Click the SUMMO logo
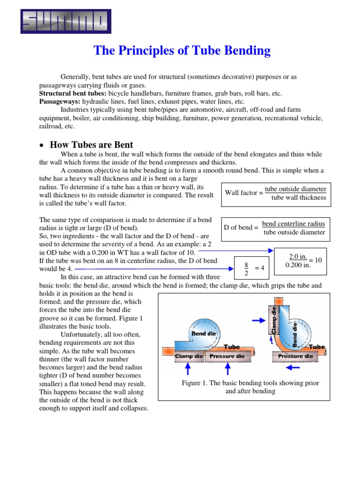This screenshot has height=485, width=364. click(x=66, y=22)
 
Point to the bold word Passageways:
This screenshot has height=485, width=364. click(x=60, y=101)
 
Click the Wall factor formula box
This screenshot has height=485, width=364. click(x=276, y=193)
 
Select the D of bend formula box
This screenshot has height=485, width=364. click(x=276, y=228)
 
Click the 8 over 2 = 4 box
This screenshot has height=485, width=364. click(x=253, y=268)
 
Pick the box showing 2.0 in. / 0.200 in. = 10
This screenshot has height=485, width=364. click(x=300, y=261)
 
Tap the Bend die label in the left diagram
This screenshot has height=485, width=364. click(x=203, y=334)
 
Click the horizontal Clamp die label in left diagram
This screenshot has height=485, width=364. click(x=189, y=356)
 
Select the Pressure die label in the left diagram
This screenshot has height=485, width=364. click(x=227, y=356)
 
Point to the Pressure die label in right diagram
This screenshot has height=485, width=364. click(x=295, y=356)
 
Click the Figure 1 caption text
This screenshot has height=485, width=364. click(x=251, y=387)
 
